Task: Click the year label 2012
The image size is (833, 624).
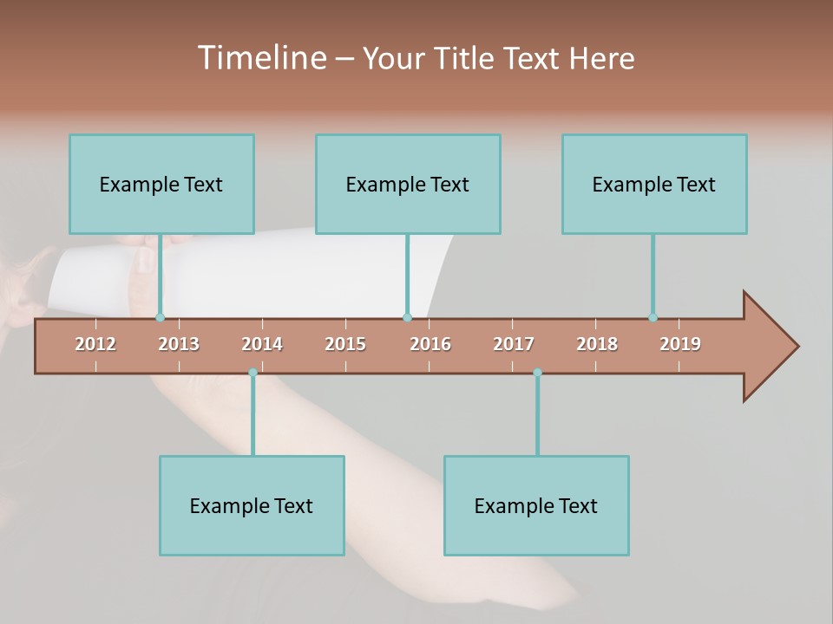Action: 95,344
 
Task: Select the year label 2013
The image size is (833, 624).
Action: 179,344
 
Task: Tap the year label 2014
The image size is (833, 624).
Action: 262,344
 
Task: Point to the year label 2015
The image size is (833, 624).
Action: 345,344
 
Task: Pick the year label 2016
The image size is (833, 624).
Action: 430,344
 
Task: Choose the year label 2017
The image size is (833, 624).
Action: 514,344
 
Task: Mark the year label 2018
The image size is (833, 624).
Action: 597,344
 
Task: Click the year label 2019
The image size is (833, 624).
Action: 680,344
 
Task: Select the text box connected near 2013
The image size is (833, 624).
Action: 161,184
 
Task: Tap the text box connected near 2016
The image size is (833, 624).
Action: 408,184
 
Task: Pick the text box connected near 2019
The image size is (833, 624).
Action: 654,184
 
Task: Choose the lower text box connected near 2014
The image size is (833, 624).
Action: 252,505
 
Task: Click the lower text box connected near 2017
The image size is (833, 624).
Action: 536,505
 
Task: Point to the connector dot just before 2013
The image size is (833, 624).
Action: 160,317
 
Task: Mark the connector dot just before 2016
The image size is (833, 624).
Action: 407,317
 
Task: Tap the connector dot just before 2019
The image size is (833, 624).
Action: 653,317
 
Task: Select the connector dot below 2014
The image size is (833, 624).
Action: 253,373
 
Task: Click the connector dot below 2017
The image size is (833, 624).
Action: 537,373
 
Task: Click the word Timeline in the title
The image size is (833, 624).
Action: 260,58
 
